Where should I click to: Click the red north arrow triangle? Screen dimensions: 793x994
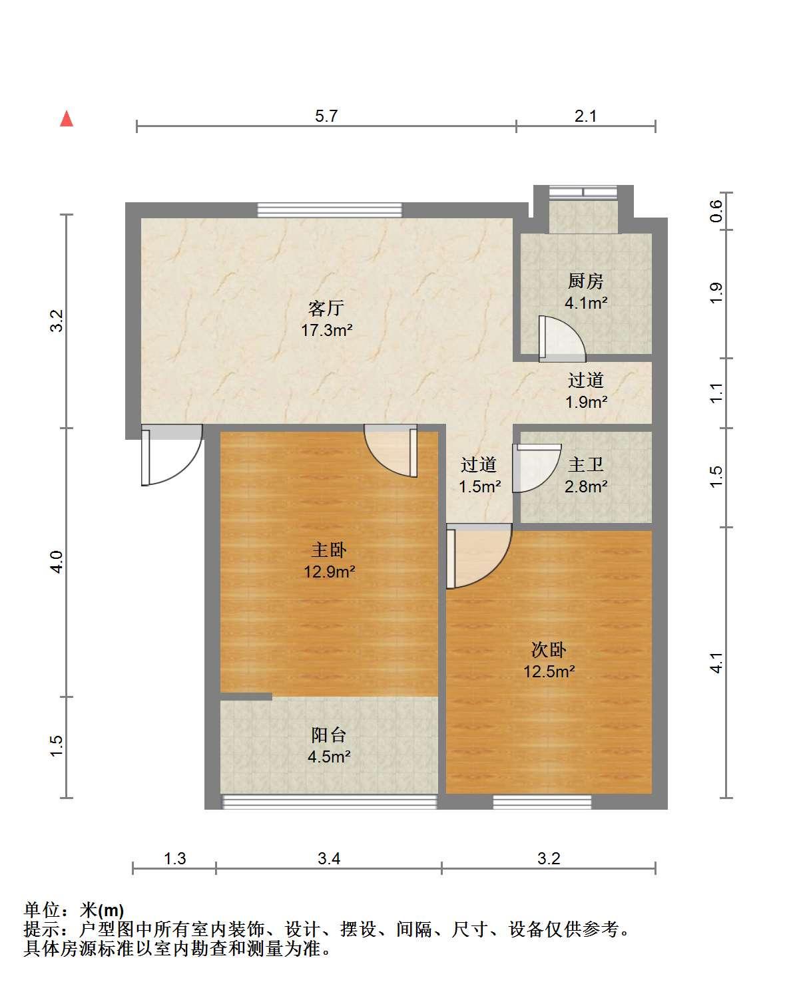[x=67, y=118]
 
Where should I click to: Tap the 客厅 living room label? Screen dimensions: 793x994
[x=326, y=308]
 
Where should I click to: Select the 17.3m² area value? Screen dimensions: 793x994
[x=326, y=330]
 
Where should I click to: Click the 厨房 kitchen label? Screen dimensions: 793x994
[x=585, y=281]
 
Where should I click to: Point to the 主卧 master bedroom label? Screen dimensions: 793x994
[x=329, y=550]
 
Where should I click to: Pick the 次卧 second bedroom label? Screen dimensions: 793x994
[x=549, y=649]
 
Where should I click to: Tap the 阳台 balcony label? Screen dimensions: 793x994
[x=328, y=735]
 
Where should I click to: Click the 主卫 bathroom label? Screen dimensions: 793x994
[x=585, y=464]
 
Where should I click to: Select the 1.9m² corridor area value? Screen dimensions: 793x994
[x=587, y=402]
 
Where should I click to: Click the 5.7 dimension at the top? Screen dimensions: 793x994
[x=326, y=116]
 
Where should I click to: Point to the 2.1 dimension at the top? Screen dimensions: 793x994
[x=585, y=116]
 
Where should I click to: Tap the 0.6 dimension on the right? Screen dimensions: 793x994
[x=716, y=211]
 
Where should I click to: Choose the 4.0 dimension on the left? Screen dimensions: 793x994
[x=57, y=562]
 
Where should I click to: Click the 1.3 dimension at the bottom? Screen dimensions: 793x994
[x=175, y=858]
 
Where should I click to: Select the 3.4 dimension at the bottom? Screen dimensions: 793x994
[x=329, y=858]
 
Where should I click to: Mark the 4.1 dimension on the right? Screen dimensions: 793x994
[x=716, y=663]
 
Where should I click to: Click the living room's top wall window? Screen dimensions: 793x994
[x=330, y=210]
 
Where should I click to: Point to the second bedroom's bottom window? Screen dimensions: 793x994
[x=542, y=802]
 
